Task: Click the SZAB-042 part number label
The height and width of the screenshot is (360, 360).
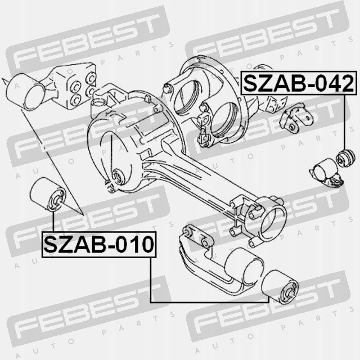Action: click(x=299, y=83)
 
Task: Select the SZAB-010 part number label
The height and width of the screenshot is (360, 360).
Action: click(x=99, y=244)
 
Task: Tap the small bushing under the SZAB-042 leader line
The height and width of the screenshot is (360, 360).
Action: click(x=345, y=157)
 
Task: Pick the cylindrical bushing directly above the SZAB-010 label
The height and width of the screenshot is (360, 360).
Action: click(x=48, y=194)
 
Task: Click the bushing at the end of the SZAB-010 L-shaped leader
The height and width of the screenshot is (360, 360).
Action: click(x=280, y=287)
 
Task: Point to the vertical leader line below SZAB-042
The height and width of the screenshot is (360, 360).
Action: click(x=345, y=121)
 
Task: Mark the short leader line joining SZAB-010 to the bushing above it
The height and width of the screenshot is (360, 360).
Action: click(x=53, y=221)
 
